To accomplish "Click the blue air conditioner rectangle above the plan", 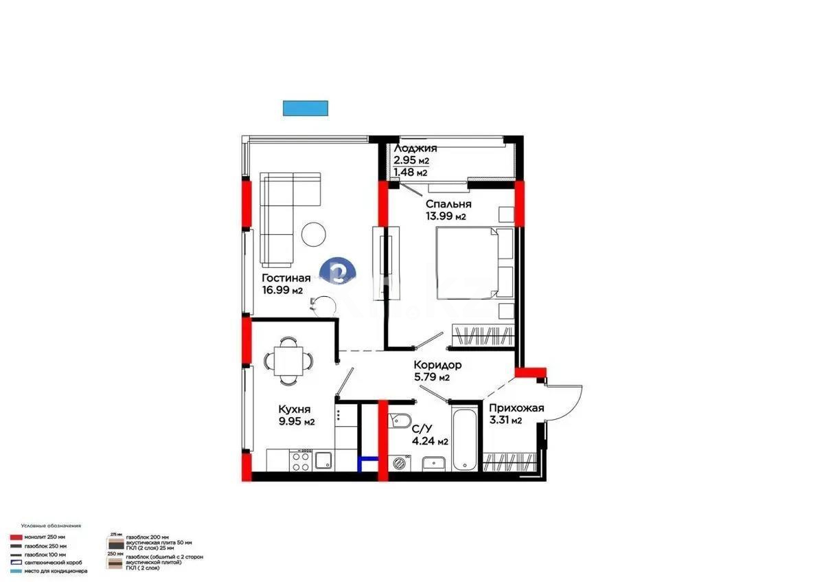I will click(x=305, y=108).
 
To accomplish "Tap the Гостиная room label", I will click(x=286, y=278).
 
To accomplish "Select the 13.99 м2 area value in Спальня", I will click(x=446, y=216).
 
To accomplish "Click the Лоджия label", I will click(x=415, y=148).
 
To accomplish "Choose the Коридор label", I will click(x=437, y=365).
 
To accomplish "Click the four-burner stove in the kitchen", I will click(x=300, y=460).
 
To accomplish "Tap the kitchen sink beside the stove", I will click(x=324, y=461).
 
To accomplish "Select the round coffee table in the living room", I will click(x=315, y=234).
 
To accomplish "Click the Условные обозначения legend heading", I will click(x=51, y=525).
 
